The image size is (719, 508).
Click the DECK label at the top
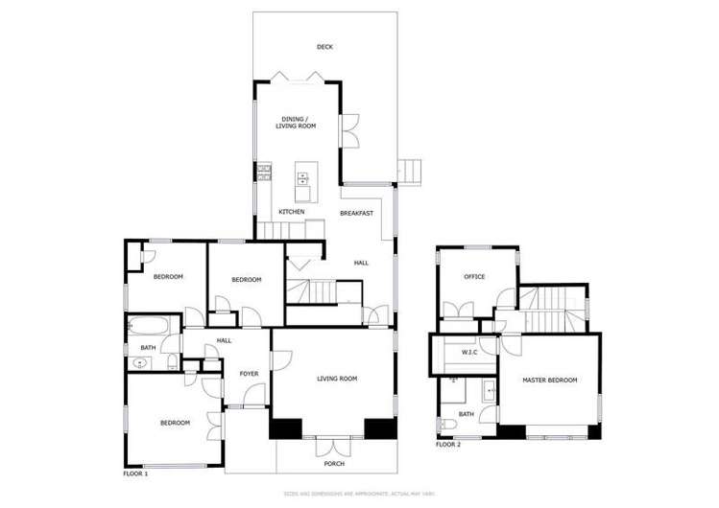coord(325,47)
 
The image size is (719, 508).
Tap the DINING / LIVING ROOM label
coord(292,123)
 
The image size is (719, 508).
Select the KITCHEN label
coord(292,212)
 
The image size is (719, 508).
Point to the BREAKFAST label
coord(356,213)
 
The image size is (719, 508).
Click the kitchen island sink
coord(302,177)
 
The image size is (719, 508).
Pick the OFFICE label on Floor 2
coord(474,277)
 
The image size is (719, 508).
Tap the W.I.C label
coord(469,352)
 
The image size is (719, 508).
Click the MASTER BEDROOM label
coord(549,381)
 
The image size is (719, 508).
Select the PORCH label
coord(333,464)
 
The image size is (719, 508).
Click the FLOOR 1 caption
coord(135,474)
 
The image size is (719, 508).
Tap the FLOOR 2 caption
coord(448,445)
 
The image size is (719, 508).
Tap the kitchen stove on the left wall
coord(262,173)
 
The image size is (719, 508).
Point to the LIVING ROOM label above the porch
coord(337,379)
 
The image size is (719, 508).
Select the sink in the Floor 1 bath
coord(141,362)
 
